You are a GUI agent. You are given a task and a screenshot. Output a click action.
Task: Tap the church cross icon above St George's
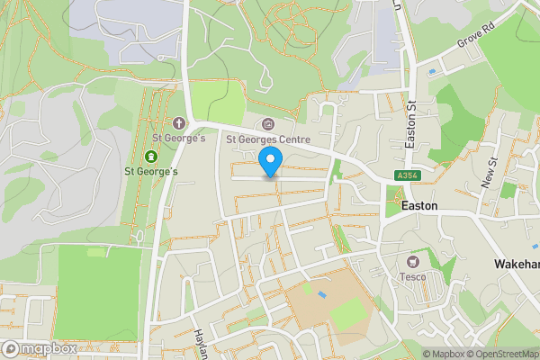pos(178,122)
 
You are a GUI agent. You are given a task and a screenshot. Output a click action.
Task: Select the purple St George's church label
pos(178,139)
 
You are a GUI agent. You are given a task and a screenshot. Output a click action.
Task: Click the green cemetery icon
pos(150,157)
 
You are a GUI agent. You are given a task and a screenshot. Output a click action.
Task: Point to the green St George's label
pos(150,172)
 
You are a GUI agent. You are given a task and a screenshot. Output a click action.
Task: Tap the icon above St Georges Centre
pos(267,124)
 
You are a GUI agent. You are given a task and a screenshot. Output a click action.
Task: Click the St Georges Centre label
pos(267,139)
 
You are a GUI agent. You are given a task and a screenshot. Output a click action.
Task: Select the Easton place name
pos(419,206)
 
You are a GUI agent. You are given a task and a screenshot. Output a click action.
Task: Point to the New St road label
pos(491,173)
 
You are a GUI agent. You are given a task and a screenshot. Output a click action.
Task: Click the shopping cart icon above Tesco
pos(414,260)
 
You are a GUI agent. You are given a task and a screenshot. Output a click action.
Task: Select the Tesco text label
pos(414,276)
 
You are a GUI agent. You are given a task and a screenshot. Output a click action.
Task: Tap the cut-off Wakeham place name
pos(517,265)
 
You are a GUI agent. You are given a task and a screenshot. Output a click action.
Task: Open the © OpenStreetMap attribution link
pos(501,354)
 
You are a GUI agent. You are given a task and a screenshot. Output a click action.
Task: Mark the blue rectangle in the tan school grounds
pos(322,294)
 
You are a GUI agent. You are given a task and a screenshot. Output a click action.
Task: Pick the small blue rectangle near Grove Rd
pos(433,71)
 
